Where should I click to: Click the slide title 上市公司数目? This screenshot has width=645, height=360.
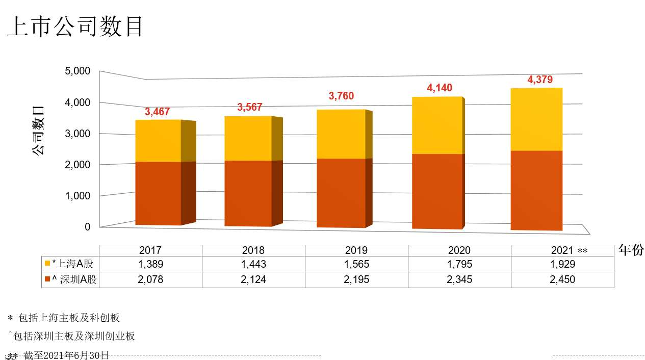pyautogui.click(x=75, y=27)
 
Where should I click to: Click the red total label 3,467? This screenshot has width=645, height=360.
pyautogui.click(x=157, y=112)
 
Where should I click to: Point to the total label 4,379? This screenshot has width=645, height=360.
pyautogui.click(x=539, y=80)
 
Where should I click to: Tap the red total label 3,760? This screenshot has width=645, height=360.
pyautogui.click(x=341, y=96)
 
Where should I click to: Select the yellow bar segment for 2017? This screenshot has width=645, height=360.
pyautogui.click(x=158, y=141)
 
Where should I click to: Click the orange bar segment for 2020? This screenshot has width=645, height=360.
pyautogui.click(x=437, y=191)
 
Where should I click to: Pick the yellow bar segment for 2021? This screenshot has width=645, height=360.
pyautogui.click(x=536, y=119)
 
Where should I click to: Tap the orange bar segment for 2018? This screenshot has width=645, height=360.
pyautogui.click(x=248, y=193)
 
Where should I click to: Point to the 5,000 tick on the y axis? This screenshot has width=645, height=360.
pyautogui.click(x=78, y=71)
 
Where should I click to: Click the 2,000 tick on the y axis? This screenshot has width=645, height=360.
pyautogui.click(x=78, y=165)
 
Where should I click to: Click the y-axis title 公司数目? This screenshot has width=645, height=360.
pyautogui.click(x=39, y=131)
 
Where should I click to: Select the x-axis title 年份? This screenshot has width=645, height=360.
pyautogui.click(x=631, y=250)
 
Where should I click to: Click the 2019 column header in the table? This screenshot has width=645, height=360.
pyautogui.click(x=356, y=250)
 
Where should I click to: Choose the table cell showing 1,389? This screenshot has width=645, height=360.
pyautogui.click(x=150, y=264)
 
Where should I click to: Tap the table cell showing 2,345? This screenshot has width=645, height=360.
pyautogui.click(x=459, y=279)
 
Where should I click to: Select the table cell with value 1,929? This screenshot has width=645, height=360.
pyautogui.click(x=562, y=264)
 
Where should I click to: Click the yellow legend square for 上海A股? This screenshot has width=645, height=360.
pyautogui.click(x=47, y=264)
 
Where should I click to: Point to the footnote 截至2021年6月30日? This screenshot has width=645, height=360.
pyautogui.click(x=66, y=355)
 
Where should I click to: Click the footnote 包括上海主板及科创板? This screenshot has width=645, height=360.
pyautogui.click(x=69, y=318)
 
